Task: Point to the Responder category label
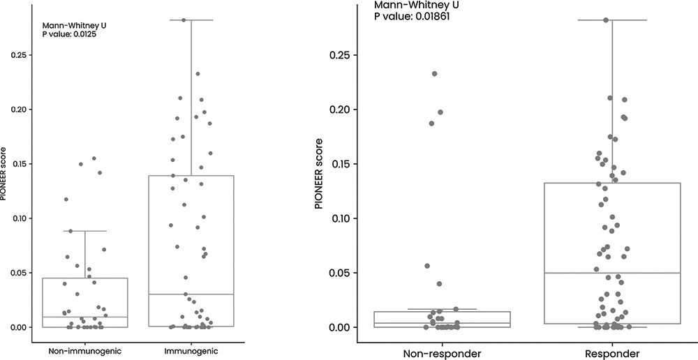[x=611, y=354]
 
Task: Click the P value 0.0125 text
[x=70, y=33]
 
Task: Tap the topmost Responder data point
[x=606, y=20]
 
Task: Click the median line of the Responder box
[x=611, y=273]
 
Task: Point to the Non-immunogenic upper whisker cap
[x=85, y=231]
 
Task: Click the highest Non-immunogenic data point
[x=94, y=158]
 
